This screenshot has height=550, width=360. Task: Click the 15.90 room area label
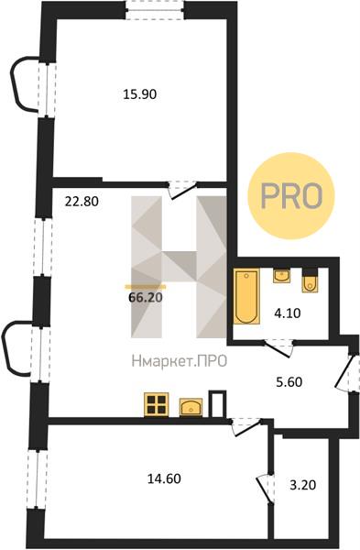139,94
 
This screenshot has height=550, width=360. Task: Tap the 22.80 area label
82,202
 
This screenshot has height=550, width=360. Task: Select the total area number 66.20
146,297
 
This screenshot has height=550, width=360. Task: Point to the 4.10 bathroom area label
287,313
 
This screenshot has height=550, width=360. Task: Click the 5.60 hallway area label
289,381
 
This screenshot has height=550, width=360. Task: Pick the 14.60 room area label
164,478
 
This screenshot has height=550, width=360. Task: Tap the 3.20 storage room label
303,485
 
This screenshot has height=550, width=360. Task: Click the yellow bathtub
246,296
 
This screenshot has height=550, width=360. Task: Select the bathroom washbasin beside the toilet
281,276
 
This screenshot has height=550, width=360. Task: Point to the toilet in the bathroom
310,281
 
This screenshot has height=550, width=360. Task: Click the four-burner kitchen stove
157,404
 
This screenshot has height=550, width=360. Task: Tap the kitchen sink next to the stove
191,407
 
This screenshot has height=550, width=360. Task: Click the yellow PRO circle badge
291,195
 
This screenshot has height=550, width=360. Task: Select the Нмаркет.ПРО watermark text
180,361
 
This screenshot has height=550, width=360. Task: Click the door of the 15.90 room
182,190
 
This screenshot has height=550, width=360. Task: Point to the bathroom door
278,348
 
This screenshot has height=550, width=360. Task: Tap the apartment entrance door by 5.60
344,372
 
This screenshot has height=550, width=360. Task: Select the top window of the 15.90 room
155,10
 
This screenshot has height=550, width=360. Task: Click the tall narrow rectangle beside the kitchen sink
218,403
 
